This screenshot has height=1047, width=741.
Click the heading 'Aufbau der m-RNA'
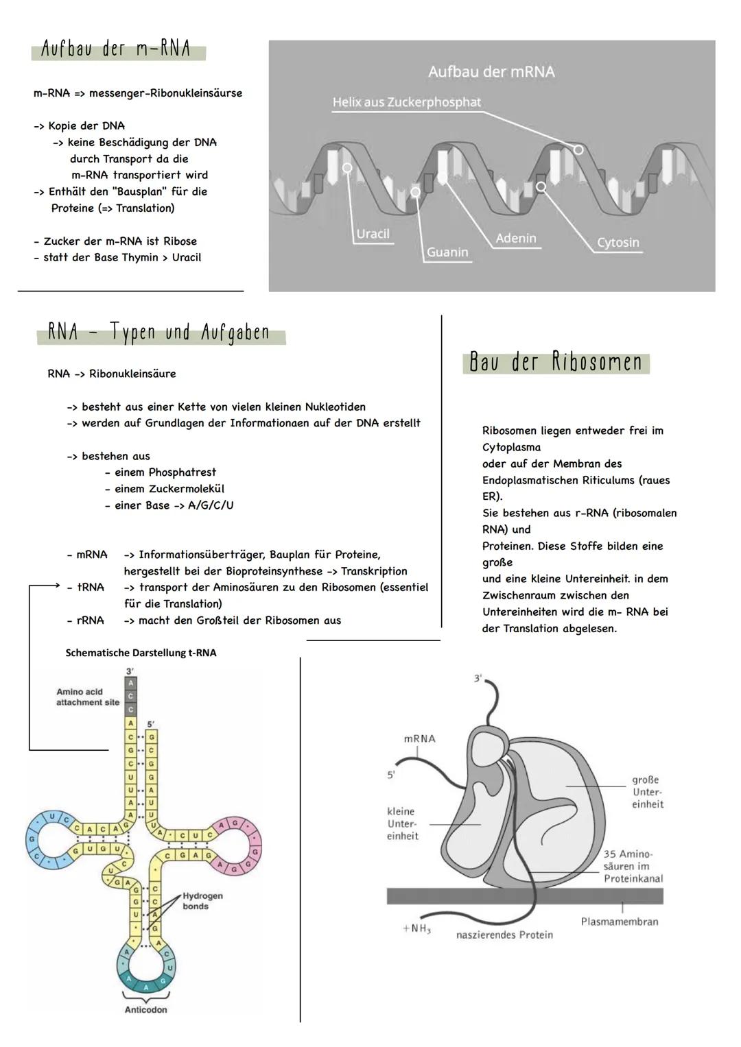(116, 50)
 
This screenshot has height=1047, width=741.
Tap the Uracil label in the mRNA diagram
(373, 234)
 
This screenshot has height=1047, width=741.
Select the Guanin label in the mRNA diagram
(447, 252)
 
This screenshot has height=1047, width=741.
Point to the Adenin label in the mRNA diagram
(516, 238)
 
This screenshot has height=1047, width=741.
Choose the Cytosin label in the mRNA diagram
(617, 243)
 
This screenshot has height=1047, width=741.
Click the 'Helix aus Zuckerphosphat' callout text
(406, 102)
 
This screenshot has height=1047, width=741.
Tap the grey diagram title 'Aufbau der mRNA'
(491, 71)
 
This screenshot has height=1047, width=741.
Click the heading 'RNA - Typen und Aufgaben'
(159, 333)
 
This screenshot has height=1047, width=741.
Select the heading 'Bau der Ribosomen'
(556, 362)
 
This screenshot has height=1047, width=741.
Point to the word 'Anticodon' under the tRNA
(145, 1009)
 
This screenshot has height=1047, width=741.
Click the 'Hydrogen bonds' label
(202, 901)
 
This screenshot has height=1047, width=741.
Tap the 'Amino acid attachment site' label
(87, 697)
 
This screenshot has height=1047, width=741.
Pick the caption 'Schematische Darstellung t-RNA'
(141, 653)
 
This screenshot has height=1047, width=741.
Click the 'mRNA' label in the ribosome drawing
(419, 738)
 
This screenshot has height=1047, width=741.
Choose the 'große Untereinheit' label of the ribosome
(647, 792)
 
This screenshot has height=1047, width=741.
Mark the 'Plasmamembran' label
(620, 922)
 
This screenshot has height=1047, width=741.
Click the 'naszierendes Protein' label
(504, 935)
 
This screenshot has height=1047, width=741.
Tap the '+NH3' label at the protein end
(416, 928)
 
